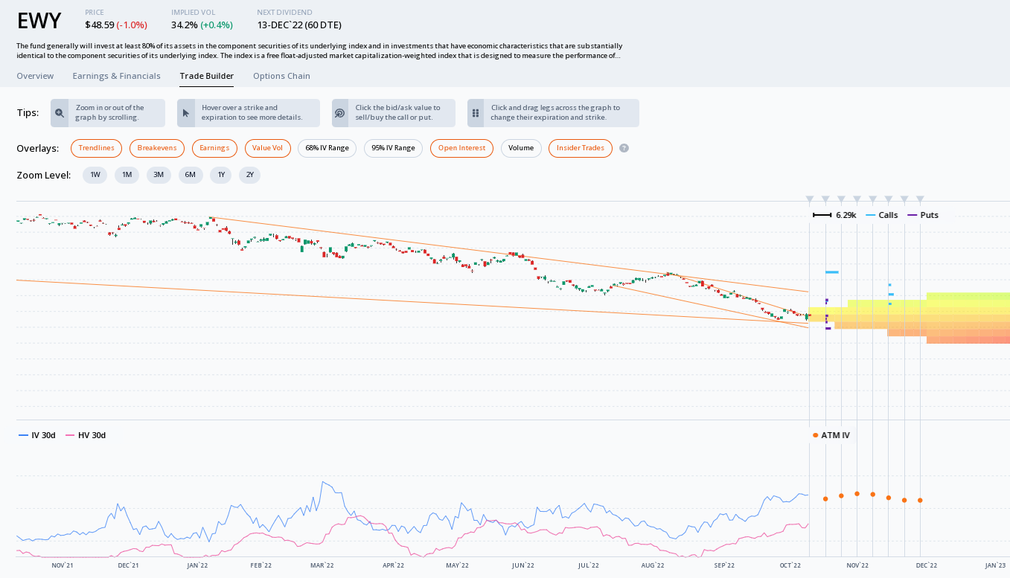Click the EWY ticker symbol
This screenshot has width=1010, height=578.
[x=39, y=22]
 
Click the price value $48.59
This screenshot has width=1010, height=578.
[x=100, y=25]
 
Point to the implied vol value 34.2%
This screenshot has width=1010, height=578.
[x=184, y=25]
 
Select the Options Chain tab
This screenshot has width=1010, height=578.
[x=281, y=76]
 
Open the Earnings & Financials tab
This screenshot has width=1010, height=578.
[x=116, y=76]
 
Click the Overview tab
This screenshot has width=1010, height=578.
[x=35, y=76]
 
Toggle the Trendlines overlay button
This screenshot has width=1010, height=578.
[x=97, y=148]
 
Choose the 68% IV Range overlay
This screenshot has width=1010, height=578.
[x=327, y=148]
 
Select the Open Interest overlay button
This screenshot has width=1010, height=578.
[x=461, y=148]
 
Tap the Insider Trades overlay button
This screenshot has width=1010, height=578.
[x=581, y=148]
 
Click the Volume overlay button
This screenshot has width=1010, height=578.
[x=521, y=148]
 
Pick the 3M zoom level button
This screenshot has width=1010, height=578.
[x=159, y=175]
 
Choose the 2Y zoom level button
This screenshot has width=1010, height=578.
[x=250, y=175]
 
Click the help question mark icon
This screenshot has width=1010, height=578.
[x=624, y=148]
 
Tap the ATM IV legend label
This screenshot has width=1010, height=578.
[x=835, y=435]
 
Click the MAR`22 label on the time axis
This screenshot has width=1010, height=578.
[x=322, y=566]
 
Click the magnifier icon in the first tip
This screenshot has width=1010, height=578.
[x=60, y=113]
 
